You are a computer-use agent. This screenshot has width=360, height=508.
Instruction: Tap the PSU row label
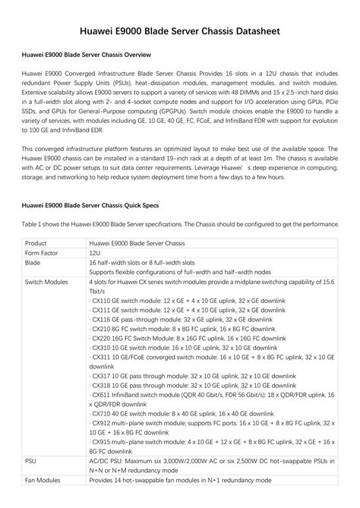click(30, 461)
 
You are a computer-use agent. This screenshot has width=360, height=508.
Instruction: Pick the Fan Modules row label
click(44, 481)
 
